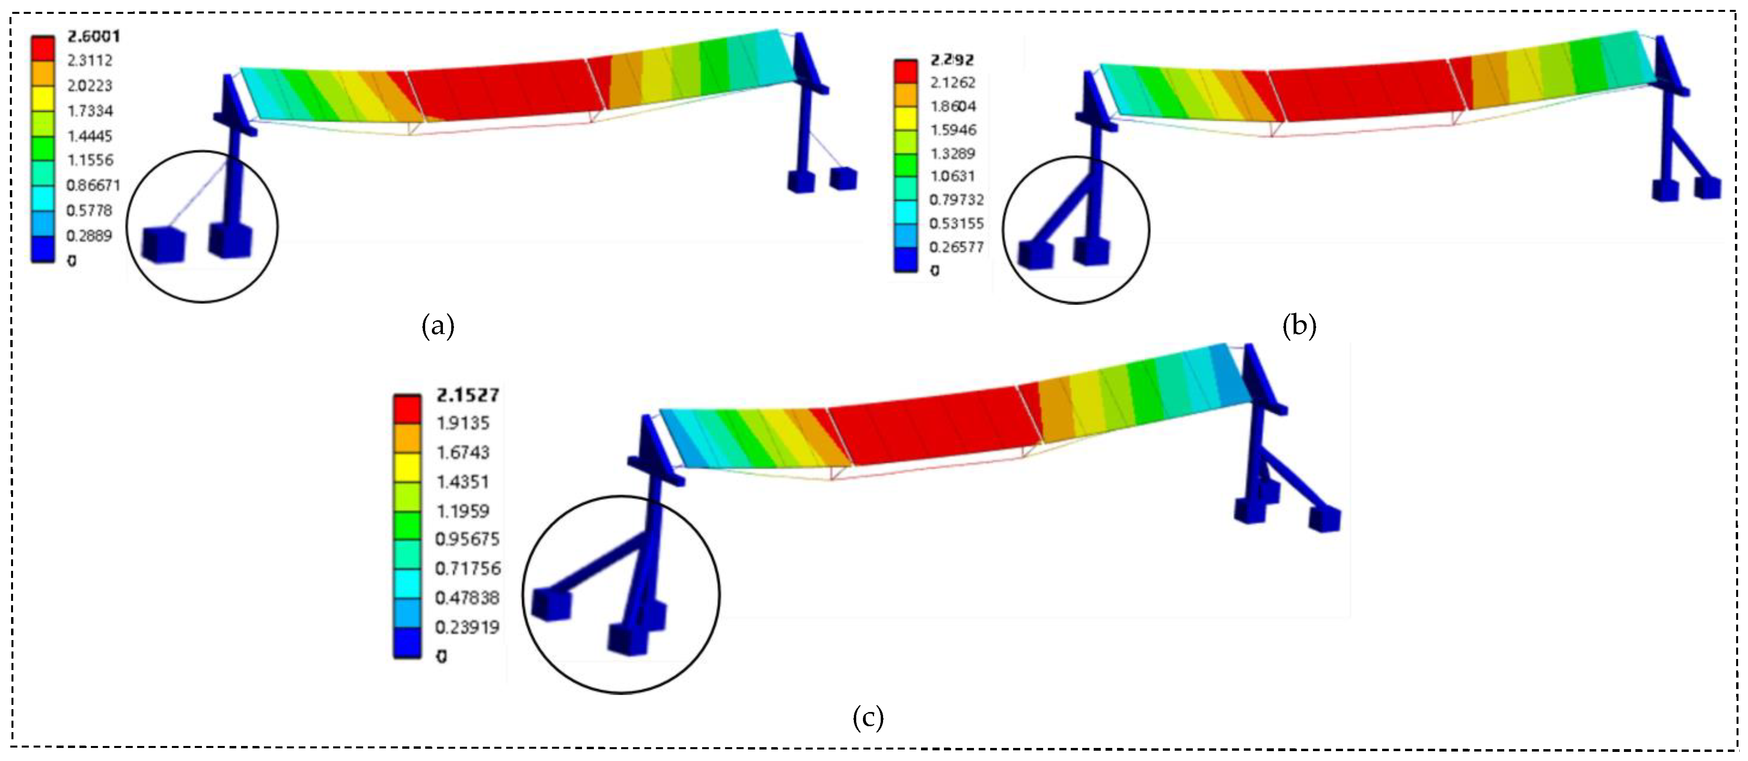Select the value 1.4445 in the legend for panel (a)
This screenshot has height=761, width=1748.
point(90,136)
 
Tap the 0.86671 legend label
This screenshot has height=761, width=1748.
point(93,185)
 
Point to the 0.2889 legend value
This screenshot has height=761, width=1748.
point(89,236)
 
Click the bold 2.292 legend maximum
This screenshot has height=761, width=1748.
point(952,60)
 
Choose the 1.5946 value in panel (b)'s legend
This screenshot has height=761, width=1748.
point(953,130)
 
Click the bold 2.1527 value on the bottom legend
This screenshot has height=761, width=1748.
point(467,395)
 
